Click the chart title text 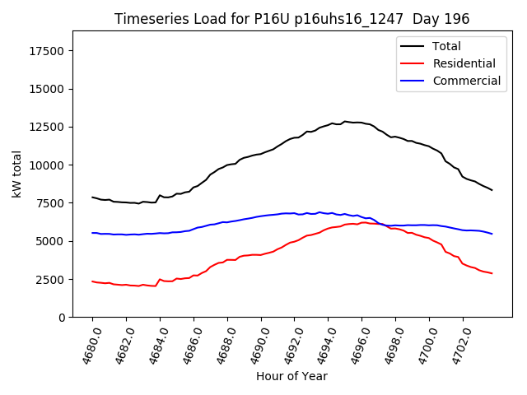[x=291, y=19]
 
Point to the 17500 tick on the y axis [x=46, y=51]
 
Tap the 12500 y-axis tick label [x=46, y=128]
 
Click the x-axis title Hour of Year [x=291, y=376]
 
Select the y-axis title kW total [x=16, y=174]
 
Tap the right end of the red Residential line [x=492, y=273]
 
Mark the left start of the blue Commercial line [x=92, y=233]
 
